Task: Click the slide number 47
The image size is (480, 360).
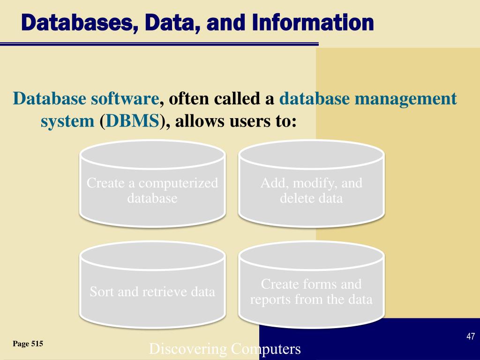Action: point(471,337)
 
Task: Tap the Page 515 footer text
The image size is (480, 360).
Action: point(28,344)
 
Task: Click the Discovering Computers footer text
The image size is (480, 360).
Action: point(225,349)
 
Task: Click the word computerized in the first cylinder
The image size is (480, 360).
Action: point(178,183)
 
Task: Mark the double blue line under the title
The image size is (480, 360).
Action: point(159,45)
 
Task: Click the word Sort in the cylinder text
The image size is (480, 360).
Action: point(102,292)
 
